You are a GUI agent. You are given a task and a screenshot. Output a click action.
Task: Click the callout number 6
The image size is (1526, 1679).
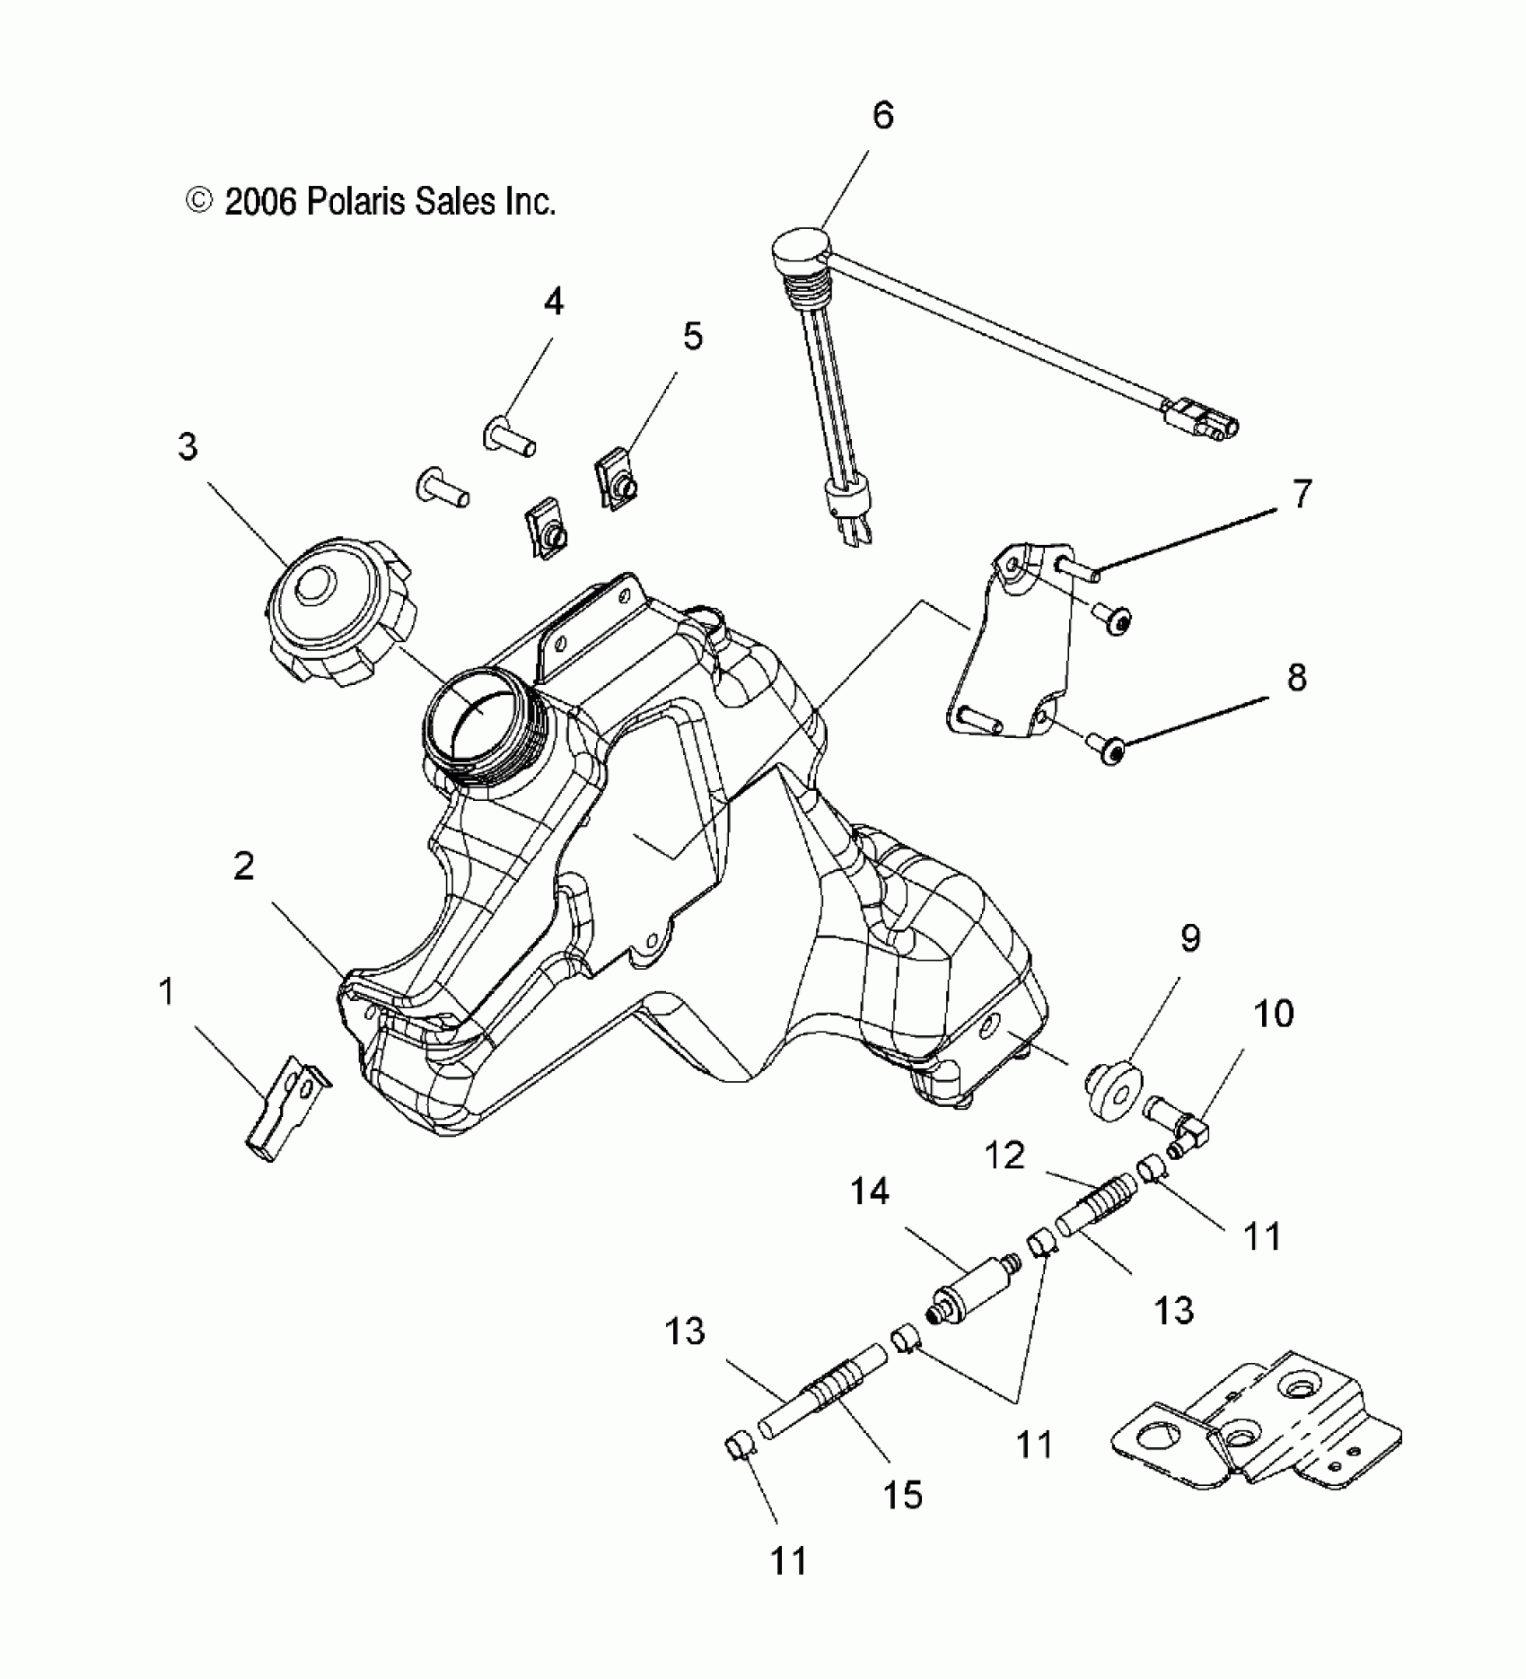point(883,117)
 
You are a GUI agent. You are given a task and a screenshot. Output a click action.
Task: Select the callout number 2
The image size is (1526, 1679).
point(243,867)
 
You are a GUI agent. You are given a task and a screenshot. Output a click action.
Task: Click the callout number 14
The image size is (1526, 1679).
point(870,1191)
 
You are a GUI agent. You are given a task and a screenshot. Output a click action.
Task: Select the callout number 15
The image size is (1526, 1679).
point(903,1495)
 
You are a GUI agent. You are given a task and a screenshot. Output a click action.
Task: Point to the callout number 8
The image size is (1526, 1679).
point(1297,677)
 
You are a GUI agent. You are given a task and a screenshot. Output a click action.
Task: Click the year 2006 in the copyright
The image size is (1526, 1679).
point(260,203)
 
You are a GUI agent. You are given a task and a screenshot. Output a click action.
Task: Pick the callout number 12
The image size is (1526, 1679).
point(1004,1156)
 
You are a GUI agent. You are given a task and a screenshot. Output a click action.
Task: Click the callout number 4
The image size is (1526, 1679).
point(554,303)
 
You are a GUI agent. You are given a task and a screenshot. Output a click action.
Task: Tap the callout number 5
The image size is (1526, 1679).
point(692,337)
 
